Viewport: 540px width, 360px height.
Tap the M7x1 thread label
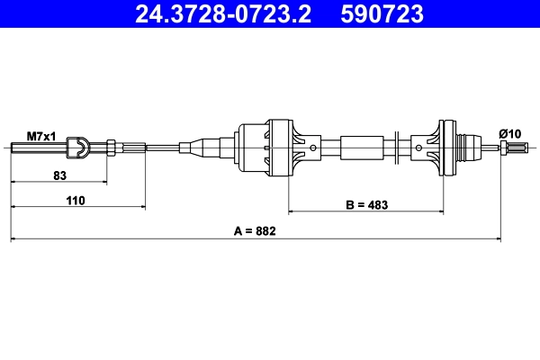(x=40, y=136)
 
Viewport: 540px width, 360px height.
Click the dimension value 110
(x=75, y=201)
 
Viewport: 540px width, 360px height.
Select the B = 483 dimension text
(x=368, y=204)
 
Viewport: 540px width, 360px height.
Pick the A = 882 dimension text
(x=254, y=231)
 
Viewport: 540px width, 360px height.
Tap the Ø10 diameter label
(x=510, y=134)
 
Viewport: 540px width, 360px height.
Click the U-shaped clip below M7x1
(x=80, y=146)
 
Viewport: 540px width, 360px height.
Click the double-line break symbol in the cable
(x=396, y=146)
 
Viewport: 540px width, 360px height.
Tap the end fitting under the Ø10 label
(x=510, y=147)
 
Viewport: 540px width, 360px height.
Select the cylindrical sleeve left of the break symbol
(x=361, y=146)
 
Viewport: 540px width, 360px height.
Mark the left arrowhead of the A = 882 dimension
(x=13, y=239)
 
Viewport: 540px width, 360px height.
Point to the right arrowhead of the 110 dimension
(x=141, y=209)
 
